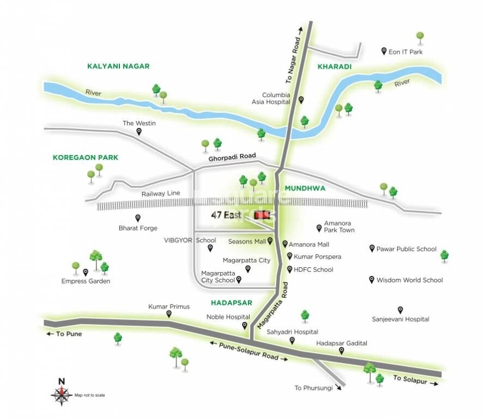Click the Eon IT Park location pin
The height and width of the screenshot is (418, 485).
tap(384, 51)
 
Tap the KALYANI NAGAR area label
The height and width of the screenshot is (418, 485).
tap(118, 66)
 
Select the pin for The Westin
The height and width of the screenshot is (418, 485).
tap(139, 132)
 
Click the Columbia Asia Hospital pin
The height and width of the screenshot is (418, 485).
tap(301, 100)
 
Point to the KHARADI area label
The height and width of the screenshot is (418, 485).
tap(334, 66)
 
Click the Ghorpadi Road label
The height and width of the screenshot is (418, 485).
tap(232, 157)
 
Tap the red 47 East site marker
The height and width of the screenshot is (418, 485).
tap(262, 214)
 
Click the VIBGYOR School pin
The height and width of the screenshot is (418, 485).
tap(210, 248)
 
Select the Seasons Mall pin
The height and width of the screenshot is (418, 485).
tap(270, 241)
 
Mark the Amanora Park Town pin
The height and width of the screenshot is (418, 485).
tap(319, 228)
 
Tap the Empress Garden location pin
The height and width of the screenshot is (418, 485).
tap(86, 272)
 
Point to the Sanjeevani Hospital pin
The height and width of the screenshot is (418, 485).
tap(401, 309)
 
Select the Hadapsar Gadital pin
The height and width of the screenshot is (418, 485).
tap(342, 351)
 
